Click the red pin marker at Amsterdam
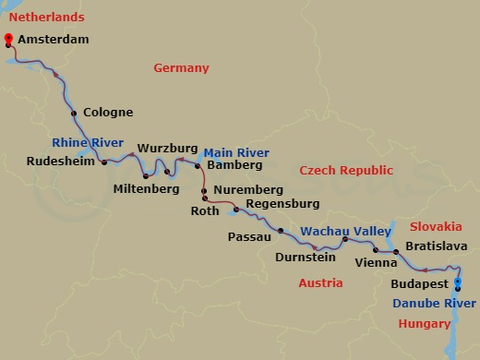click(x=9, y=40)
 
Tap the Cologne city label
click(x=107, y=113)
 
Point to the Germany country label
click(x=181, y=68)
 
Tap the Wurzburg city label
click(x=167, y=148)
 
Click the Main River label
click(x=236, y=152)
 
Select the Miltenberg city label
click(x=145, y=188)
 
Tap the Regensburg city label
click(x=278, y=203)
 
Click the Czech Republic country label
click(x=346, y=171)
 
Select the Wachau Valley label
click(x=341, y=231)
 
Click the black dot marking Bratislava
click(x=396, y=251)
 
